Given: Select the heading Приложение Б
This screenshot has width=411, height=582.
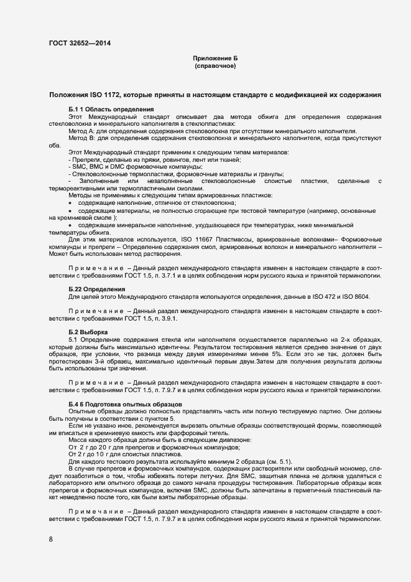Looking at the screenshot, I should [215, 59].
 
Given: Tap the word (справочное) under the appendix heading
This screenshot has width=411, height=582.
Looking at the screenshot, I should [215, 66].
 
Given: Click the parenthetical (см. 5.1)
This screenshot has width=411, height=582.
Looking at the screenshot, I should [277, 462].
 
